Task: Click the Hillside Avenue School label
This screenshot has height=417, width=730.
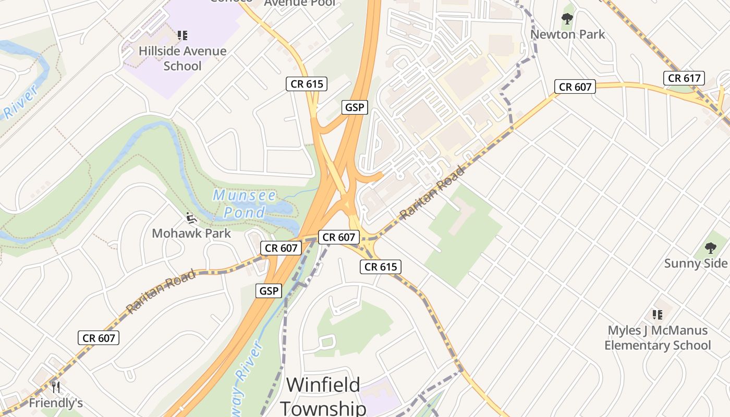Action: point(182,58)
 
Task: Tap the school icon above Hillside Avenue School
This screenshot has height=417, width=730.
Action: point(182,35)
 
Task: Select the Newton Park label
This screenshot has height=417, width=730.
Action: point(567,34)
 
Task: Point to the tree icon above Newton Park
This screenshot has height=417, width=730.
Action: point(567,19)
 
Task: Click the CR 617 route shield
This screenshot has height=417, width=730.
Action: point(684,78)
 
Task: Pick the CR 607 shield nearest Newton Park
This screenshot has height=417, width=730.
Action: point(575,87)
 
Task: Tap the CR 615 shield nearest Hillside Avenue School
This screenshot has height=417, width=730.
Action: point(307,84)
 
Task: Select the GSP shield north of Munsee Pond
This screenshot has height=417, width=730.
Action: point(355,107)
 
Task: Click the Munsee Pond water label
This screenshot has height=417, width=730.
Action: point(245,204)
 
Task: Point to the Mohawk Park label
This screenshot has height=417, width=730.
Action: point(191,233)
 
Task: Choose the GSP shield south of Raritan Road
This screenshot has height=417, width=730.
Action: point(269,291)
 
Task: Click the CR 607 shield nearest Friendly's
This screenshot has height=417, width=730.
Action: point(99,338)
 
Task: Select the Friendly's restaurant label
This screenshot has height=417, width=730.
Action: point(56,403)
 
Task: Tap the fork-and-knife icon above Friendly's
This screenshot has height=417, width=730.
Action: point(56,387)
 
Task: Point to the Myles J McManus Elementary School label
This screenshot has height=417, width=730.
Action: point(657,338)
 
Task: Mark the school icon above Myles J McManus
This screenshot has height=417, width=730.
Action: point(657,315)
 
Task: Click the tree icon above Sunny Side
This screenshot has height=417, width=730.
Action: point(710,248)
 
